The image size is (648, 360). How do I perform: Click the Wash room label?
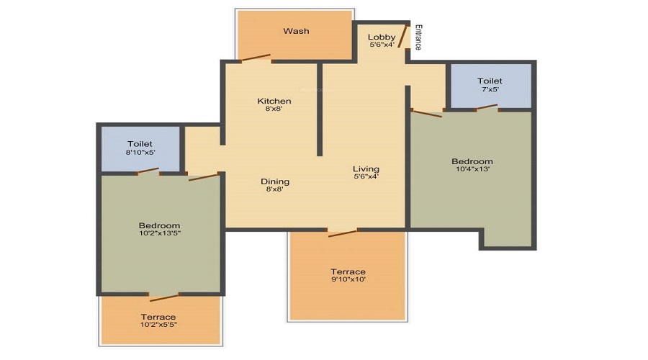(296, 31)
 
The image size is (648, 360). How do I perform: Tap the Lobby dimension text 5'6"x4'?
(382, 45)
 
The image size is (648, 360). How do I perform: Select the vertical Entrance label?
(418, 37)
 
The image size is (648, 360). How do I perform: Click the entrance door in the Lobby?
(404, 35)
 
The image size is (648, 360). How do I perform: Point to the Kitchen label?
(274, 101)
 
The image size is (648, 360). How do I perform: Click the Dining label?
(275, 181)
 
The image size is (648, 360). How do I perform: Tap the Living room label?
(366, 169)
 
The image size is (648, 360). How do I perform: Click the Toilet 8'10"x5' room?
(140, 148)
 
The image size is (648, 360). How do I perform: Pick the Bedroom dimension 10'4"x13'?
(472, 169)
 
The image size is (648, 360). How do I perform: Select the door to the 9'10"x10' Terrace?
(342, 232)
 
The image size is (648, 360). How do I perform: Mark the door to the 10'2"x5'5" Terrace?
(164, 297)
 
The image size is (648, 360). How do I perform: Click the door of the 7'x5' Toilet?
(487, 108)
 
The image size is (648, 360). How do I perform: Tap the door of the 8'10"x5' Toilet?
(148, 171)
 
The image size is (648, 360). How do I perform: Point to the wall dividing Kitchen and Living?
(319, 108)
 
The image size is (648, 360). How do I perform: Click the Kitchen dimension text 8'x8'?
(274, 109)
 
